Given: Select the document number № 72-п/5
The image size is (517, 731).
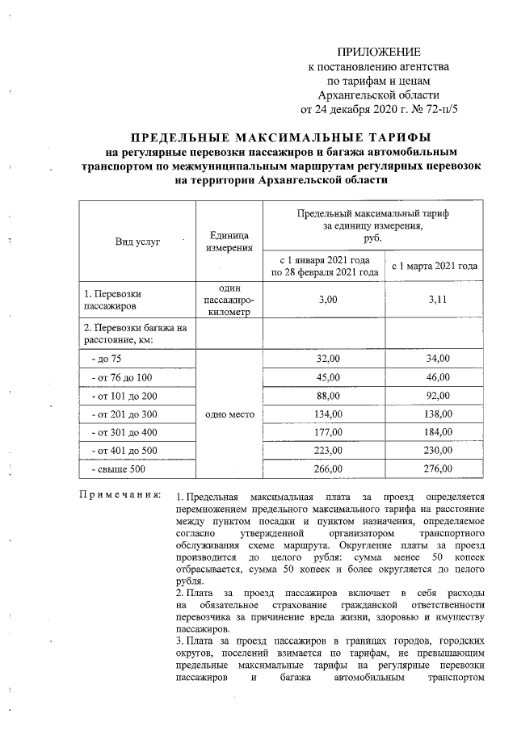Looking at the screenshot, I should pyautogui.click(x=434, y=110).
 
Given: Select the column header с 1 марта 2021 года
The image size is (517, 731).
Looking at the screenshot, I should pyautogui.click(x=435, y=266).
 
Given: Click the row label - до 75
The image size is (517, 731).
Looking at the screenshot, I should pyautogui.click(x=107, y=358).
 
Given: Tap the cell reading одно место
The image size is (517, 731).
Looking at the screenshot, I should pyautogui.click(x=230, y=414).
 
